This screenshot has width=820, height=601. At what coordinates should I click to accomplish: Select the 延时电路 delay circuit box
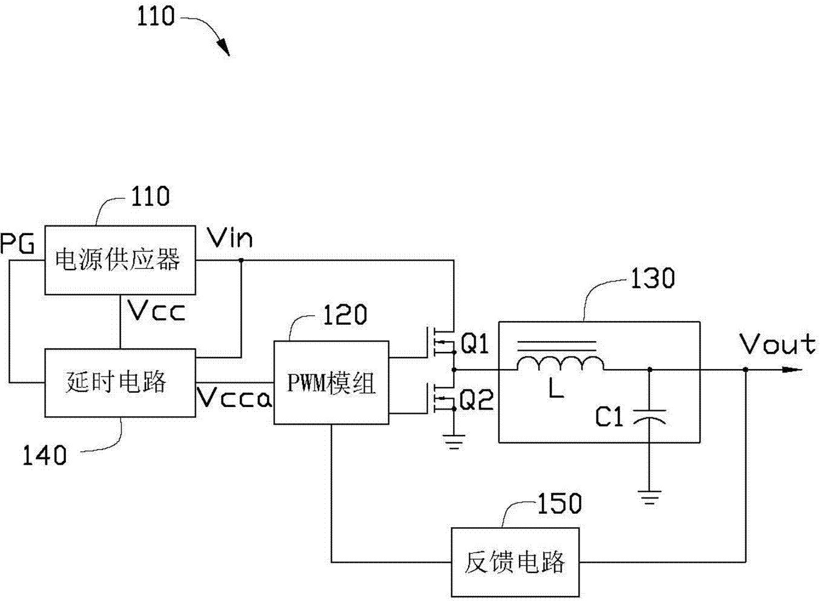[x=121, y=382]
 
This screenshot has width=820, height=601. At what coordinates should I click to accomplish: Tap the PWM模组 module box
[x=331, y=382]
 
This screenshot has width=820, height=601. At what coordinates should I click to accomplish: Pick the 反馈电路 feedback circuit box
[x=515, y=562]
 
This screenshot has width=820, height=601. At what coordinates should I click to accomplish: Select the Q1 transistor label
[x=475, y=345]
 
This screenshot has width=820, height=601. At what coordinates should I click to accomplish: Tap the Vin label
[x=230, y=238]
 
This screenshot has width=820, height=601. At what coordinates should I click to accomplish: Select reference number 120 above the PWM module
[x=344, y=314]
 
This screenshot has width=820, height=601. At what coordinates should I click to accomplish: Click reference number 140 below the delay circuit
[x=44, y=455]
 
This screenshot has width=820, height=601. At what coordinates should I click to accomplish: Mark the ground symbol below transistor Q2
[x=453, y=443]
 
